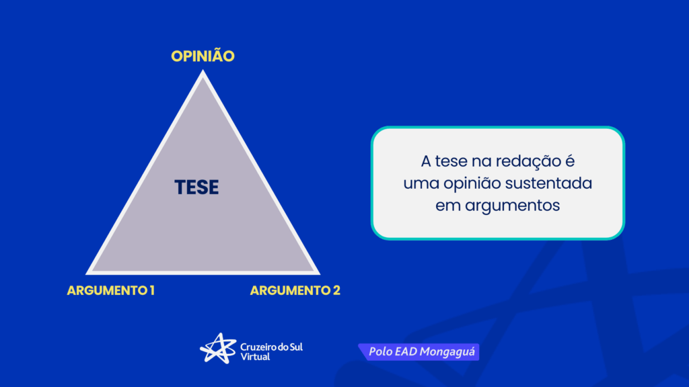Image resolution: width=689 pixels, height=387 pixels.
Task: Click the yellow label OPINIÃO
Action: tap(203, 56)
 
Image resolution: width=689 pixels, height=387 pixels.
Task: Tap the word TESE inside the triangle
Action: tap(196, 187)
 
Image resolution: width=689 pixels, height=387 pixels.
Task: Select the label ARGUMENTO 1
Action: tap(111, 290)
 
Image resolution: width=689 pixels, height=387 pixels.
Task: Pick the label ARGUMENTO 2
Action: tap(295, 290)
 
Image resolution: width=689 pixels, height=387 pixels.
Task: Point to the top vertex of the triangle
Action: tap(203, 70)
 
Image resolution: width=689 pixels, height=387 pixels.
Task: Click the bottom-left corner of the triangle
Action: tap(86, 274)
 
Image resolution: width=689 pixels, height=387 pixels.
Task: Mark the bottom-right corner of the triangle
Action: tap(320, 274)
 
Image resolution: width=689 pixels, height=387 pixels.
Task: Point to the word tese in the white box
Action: tap(451, 161)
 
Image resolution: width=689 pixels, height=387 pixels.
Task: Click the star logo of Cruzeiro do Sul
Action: tap(219, 349)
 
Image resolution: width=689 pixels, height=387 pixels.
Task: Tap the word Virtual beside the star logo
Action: tap(255, 357)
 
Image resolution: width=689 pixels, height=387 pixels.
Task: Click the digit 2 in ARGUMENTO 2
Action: tap(336, 290)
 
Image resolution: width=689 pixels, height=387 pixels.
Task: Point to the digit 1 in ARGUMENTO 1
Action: tap(152, 290)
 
